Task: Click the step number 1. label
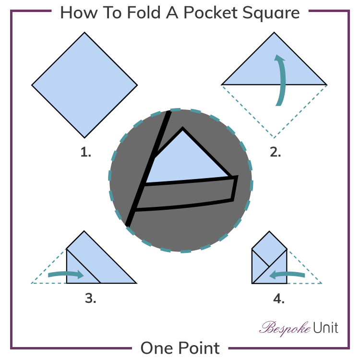(x=85, y=153)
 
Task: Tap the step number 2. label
(x=275, y=153)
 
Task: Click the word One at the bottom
(x=154, y=348)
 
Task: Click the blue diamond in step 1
(x=85, y=85)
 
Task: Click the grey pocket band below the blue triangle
(x=185, y=194)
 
